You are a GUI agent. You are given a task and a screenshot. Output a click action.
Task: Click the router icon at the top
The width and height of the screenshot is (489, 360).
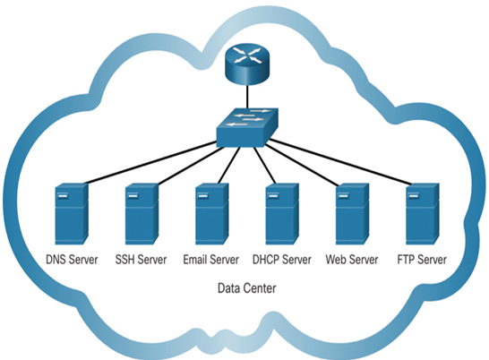click(x=246, y=64)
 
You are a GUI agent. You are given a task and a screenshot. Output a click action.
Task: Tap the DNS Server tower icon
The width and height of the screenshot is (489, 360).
click(x=72, y=214)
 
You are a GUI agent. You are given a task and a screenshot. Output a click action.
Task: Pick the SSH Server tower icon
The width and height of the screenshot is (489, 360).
click(x=142, y=214)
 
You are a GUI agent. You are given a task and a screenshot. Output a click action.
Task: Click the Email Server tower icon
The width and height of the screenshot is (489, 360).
click(x=211, y=214)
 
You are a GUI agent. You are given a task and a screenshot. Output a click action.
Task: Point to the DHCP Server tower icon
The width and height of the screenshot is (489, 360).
click(x=282, y=214)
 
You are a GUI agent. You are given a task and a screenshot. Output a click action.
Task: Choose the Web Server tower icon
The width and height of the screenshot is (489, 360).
click(x=352, y=214)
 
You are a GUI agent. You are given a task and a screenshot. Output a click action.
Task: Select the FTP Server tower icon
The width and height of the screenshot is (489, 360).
click(x=422, y=214)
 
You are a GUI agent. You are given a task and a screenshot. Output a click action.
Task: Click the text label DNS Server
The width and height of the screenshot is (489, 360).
click(x=72, y=260)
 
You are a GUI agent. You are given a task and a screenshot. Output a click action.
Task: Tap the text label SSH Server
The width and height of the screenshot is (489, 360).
click(x=141, y=260)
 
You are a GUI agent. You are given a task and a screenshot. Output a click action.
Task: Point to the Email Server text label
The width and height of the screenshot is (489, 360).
click(x=210, y=260)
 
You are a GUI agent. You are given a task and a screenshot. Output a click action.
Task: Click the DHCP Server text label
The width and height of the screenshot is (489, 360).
click(x=282, y=260)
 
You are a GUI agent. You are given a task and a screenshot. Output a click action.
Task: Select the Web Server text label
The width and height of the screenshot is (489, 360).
click(x=352, y=260)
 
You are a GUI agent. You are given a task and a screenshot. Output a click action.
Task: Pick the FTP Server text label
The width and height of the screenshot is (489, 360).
click(x=422, y=260)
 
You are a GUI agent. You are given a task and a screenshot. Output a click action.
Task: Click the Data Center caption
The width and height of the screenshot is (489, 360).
click(x=246, y=288)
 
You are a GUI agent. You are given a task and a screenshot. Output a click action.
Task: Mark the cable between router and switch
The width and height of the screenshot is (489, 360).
click(x=247, y=97)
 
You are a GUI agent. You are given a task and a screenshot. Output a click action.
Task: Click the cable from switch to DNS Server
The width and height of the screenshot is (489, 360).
click(x=150, y=162)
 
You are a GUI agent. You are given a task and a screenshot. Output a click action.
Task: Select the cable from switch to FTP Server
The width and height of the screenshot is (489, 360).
click(x=339, y=162)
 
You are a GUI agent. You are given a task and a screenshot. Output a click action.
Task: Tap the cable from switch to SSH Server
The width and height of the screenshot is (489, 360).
click(x=190, y=166)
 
